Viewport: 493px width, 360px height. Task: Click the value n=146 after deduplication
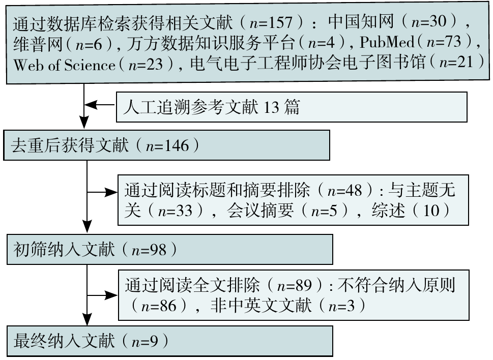tap(167, 146)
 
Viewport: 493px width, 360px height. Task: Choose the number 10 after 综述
tap(430, 210)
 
